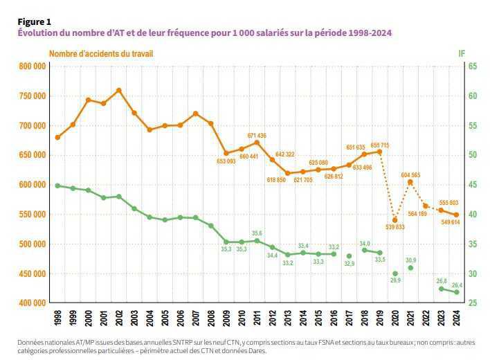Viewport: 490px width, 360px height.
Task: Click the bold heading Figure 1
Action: pyautogui.click(x=35, y=22)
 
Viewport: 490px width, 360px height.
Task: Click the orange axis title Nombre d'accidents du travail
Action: pyautogui.click(x=101, y=53)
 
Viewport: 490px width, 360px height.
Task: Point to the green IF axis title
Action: pyautogui.click(x=462, y=53)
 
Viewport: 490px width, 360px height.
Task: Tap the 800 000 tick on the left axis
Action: pyautogui.click(x=32, y=66)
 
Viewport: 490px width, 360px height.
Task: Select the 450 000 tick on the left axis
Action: pyautogui.click(x=32, y=273)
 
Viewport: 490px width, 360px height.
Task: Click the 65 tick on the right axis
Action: pyautogui.click(x=473, y=66)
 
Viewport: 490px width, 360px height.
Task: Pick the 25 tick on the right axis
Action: pyautogui.click(x=473, y=303)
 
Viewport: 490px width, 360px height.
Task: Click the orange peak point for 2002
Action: pyautogui.click(x=119, y=90)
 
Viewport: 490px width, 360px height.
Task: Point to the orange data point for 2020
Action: pyautogui.click(x=395, y=220)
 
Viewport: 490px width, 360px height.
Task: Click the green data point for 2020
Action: pyautogui.click(x=395, y=274)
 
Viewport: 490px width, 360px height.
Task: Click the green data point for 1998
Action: pyautogui.click(x=57, y=186)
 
